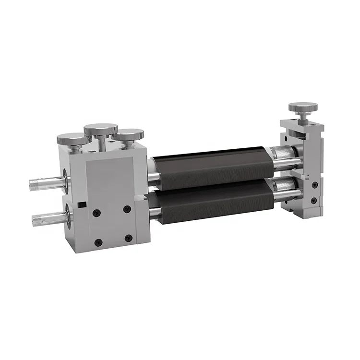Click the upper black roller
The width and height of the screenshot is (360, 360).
[x=214, y=166]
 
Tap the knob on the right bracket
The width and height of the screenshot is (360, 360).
[x=302, y=107]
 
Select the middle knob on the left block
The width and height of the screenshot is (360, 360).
[x=101, y=130]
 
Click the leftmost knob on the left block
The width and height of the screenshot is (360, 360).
[x=72, y=140]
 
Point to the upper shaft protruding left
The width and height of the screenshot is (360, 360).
[x=48, y=183]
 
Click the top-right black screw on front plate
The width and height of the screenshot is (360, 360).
[x=127, y=209]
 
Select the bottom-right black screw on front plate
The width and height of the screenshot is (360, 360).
[x=129, y=238]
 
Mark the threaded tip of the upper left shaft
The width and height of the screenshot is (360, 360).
[x=35, y=184]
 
